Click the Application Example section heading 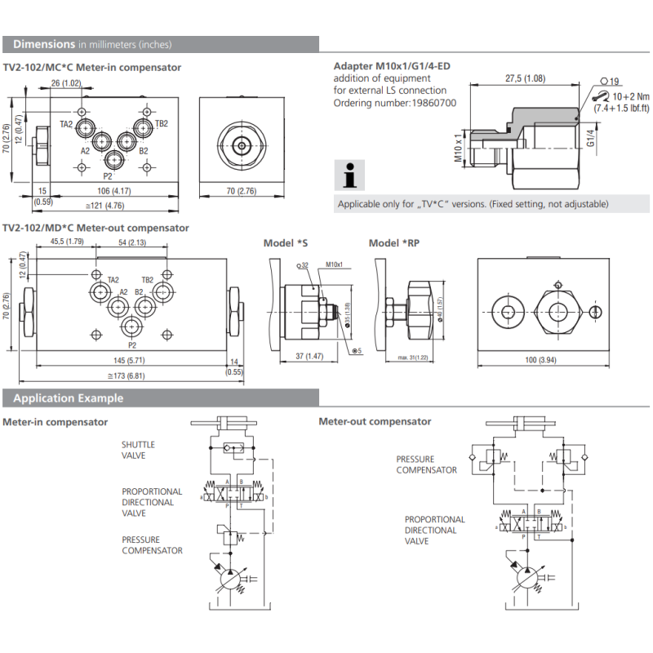[69, 398]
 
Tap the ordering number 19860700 [431, 103]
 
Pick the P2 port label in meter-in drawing [108, 176]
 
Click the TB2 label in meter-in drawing [162, 124]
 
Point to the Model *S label [286, 243]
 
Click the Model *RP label [395, 243]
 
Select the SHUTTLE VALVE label [138, 450]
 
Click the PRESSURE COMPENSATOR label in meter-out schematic [426, 464]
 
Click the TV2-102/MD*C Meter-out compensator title [96, 229]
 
